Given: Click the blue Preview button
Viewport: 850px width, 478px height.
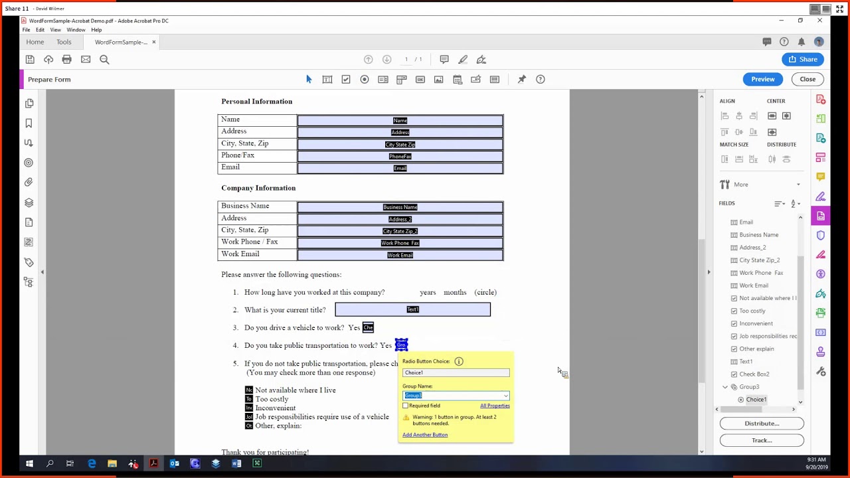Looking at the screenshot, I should [762, 79].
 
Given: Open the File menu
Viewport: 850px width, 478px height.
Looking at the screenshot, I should [26, 30].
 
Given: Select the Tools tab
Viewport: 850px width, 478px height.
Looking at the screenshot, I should [64, 42].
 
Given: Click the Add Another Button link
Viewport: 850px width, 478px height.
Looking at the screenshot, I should [424, 435].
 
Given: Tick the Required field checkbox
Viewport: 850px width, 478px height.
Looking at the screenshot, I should [406, 406].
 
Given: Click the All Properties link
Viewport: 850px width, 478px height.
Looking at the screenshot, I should [495, 406].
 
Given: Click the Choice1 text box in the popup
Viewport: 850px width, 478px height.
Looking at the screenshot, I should [456, 372].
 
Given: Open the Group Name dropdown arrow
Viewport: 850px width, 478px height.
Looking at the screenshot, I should [505, 396].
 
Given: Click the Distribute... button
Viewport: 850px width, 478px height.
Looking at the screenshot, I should [761, 424].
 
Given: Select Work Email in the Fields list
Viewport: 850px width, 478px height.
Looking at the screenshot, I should [753, 285].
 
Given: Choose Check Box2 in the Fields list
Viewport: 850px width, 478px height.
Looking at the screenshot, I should [754, 374].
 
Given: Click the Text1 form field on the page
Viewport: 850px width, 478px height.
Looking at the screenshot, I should [412, 309].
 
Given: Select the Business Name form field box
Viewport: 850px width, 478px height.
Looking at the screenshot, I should [400, 206].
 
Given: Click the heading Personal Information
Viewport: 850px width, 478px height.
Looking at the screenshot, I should [256, 102].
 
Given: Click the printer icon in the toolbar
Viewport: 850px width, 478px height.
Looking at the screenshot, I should [66, 60].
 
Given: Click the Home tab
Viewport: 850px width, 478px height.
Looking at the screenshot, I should [35, 42].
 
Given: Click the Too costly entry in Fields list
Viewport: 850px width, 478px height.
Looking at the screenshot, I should [752, 311].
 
